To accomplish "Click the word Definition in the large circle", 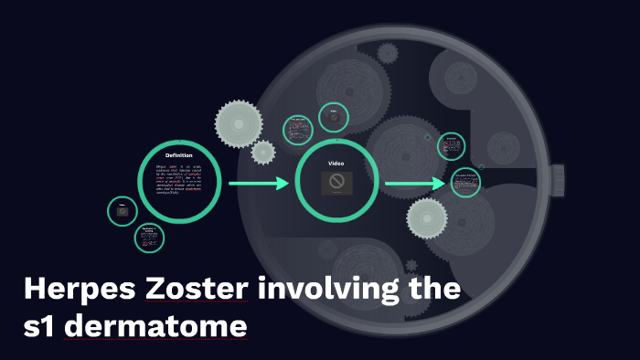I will [x=179, y=155].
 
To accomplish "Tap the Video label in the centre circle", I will [x=335, y=163].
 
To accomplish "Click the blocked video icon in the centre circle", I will [x=336, y=182].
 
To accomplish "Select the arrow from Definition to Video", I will [x=258, y=185].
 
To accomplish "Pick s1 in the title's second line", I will [x=43, y=326].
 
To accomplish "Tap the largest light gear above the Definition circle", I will [x=239, y=122].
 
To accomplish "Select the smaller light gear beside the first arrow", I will [x=263, y=152].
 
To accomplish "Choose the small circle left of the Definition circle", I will [x=122, y=211].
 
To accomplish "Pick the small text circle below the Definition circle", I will [x=149, y=238].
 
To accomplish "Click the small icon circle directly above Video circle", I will [x=334, y=117].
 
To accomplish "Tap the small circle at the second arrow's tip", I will [x=466, y=183].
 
